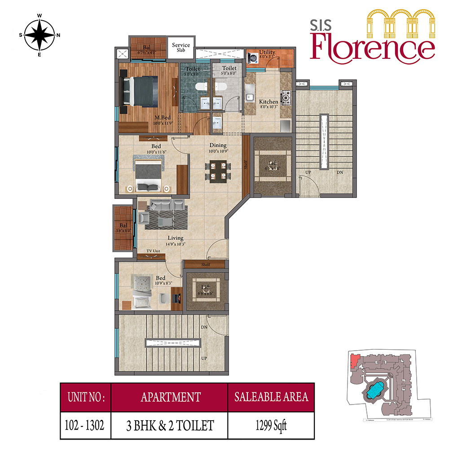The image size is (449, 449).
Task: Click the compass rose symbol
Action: [x=39, y=35]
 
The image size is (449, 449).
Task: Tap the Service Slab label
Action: [x=181, y=48]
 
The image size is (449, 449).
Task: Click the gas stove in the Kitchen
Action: [x=286, y=96]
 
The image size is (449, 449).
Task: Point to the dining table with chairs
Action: [x=218, y=171]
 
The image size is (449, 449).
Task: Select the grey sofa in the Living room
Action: [x=167, y=205]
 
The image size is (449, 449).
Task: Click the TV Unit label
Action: [x=153, y=251]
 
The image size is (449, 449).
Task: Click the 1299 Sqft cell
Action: [x=271, y=424]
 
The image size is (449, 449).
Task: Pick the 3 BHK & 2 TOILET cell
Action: [x=170, y=424]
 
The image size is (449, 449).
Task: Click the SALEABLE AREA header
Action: [x=271, y=397]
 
